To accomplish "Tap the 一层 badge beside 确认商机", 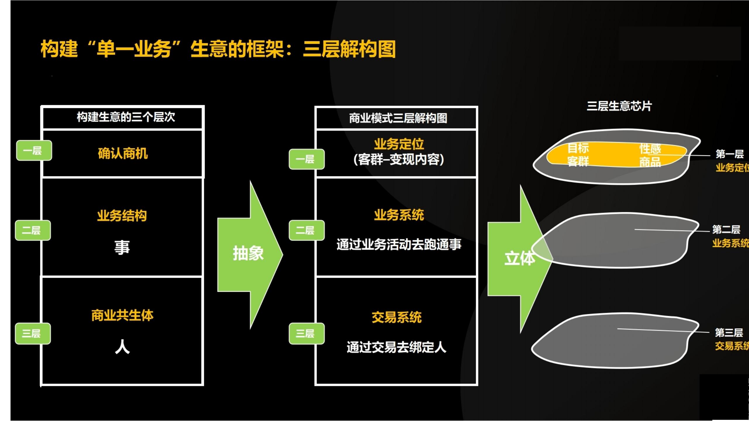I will tap(34, 151).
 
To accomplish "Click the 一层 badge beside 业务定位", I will tap(306, 159).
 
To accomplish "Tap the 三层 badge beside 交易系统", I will tap(306, 334).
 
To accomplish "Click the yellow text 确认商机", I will tap(123, 153).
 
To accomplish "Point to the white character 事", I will tap(122, 247).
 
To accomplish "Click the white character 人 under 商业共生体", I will tap(122, 347).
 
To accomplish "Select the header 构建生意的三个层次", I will tap(126, 117).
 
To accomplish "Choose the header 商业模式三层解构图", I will tap(398, 118).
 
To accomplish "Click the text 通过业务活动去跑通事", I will tap(399, 244).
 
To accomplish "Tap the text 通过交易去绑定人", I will tap(396, 347).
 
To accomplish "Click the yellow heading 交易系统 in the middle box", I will tap(396, 318).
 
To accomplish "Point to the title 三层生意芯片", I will tap(619, 106).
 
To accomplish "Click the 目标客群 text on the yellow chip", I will tap(578, 155).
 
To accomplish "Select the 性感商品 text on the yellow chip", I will tap(650, 155).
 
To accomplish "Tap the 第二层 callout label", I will tap(726, 230).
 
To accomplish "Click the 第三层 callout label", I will tap(729, 332).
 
